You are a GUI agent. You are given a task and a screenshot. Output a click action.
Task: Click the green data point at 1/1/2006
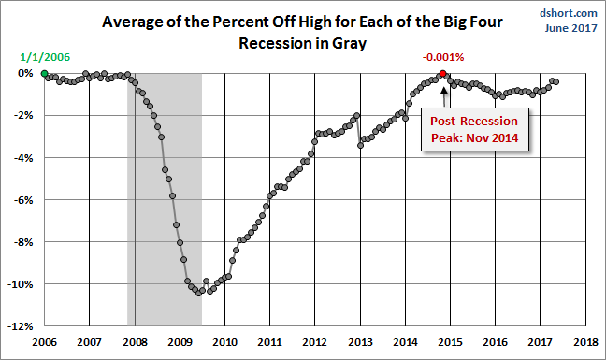(45, 73)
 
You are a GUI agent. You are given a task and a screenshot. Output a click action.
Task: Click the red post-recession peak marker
(443, 73)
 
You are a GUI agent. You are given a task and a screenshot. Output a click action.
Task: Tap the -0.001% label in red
(443, 58)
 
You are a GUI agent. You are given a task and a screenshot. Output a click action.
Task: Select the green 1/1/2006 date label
(45, 57)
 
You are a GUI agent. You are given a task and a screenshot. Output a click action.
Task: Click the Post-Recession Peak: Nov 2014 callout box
(474, 129)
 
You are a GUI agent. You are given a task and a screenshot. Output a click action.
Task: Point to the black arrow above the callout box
(444, 96)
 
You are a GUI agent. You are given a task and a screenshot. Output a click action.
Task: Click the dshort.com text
(569, 13)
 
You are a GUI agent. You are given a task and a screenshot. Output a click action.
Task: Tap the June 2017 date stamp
(571, 28)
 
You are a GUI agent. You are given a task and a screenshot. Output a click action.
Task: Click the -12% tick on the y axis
(21, 326)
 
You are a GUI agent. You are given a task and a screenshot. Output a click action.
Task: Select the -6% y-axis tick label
(23, 200)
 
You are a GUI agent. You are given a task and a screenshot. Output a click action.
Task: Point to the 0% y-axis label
(25, 73)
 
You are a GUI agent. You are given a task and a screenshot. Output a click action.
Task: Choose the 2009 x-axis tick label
(180, 342)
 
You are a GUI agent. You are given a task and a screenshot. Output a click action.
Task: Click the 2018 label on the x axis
(585, 342)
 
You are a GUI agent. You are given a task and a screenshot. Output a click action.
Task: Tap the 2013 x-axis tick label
(360, 342)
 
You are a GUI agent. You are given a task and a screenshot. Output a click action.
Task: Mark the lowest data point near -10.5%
(198, 294)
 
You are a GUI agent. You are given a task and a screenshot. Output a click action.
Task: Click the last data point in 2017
(556, 81)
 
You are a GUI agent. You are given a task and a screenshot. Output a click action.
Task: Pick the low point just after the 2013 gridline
(360, 145)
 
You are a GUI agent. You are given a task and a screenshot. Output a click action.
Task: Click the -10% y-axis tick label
(21, 284)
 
